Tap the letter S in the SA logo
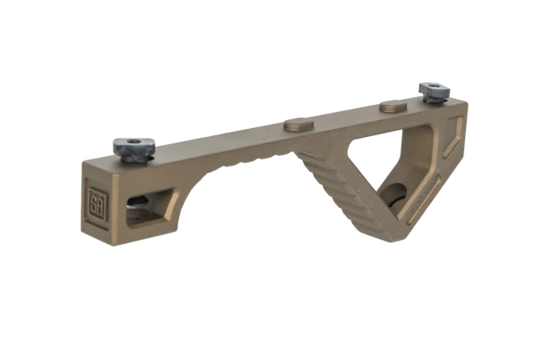coord(93,200)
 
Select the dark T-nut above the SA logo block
coord(134,149)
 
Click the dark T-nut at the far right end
coord(433,91)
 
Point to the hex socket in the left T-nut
coord(134,145)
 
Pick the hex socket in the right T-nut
coord(434,87)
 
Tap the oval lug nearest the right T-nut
coord(393,106)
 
